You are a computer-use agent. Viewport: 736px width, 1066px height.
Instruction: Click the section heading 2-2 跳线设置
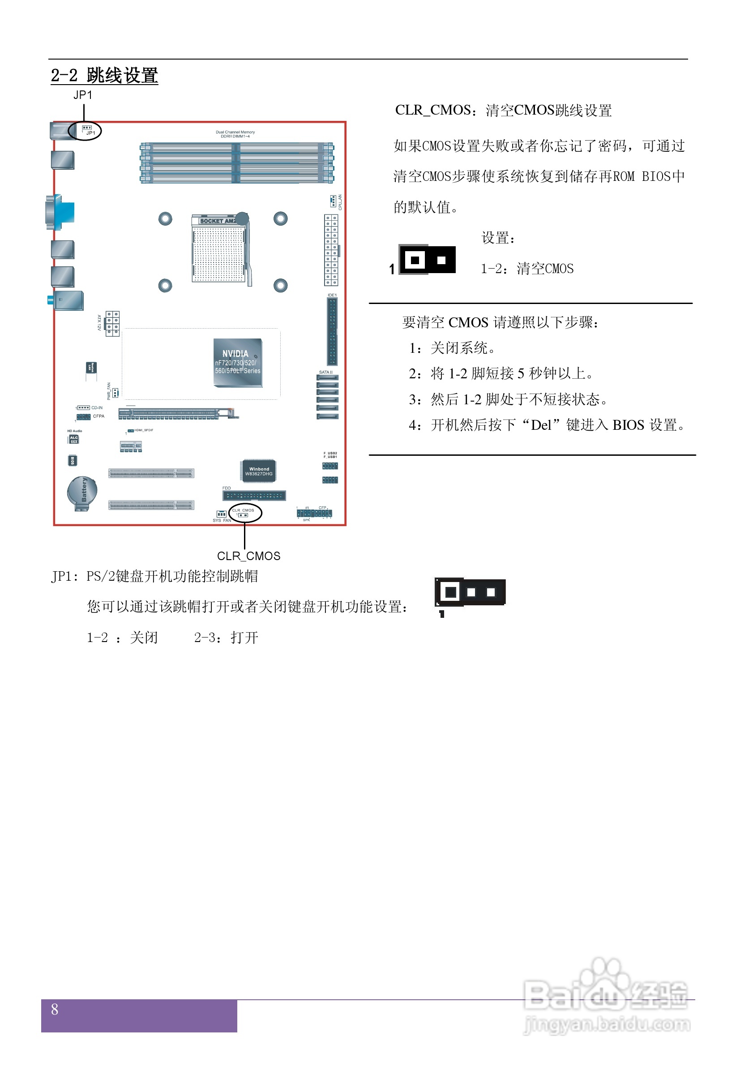104,76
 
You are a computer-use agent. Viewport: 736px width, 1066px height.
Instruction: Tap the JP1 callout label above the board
83,95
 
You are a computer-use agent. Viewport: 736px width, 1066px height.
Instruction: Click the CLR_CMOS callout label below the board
248,556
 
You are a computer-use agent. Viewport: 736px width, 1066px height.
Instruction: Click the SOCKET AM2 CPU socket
219,249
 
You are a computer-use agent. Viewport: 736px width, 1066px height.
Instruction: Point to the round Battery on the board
82,492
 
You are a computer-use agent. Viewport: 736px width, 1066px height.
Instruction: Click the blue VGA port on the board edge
60,212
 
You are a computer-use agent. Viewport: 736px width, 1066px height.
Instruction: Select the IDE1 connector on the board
332,331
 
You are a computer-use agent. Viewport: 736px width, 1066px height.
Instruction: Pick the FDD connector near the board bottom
254,496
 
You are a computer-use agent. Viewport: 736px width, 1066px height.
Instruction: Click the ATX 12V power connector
112,323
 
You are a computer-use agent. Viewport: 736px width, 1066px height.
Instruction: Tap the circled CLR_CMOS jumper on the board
245,513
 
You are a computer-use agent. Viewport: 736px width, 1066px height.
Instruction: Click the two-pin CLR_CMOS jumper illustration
428,260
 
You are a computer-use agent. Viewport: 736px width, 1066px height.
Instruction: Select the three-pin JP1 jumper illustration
470,592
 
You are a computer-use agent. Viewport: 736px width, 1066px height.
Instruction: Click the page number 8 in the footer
55,1009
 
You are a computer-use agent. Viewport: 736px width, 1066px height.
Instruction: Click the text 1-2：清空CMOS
527,269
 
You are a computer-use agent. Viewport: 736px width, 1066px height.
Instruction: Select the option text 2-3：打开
226,638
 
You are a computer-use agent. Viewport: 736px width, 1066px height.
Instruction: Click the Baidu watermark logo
606,998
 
